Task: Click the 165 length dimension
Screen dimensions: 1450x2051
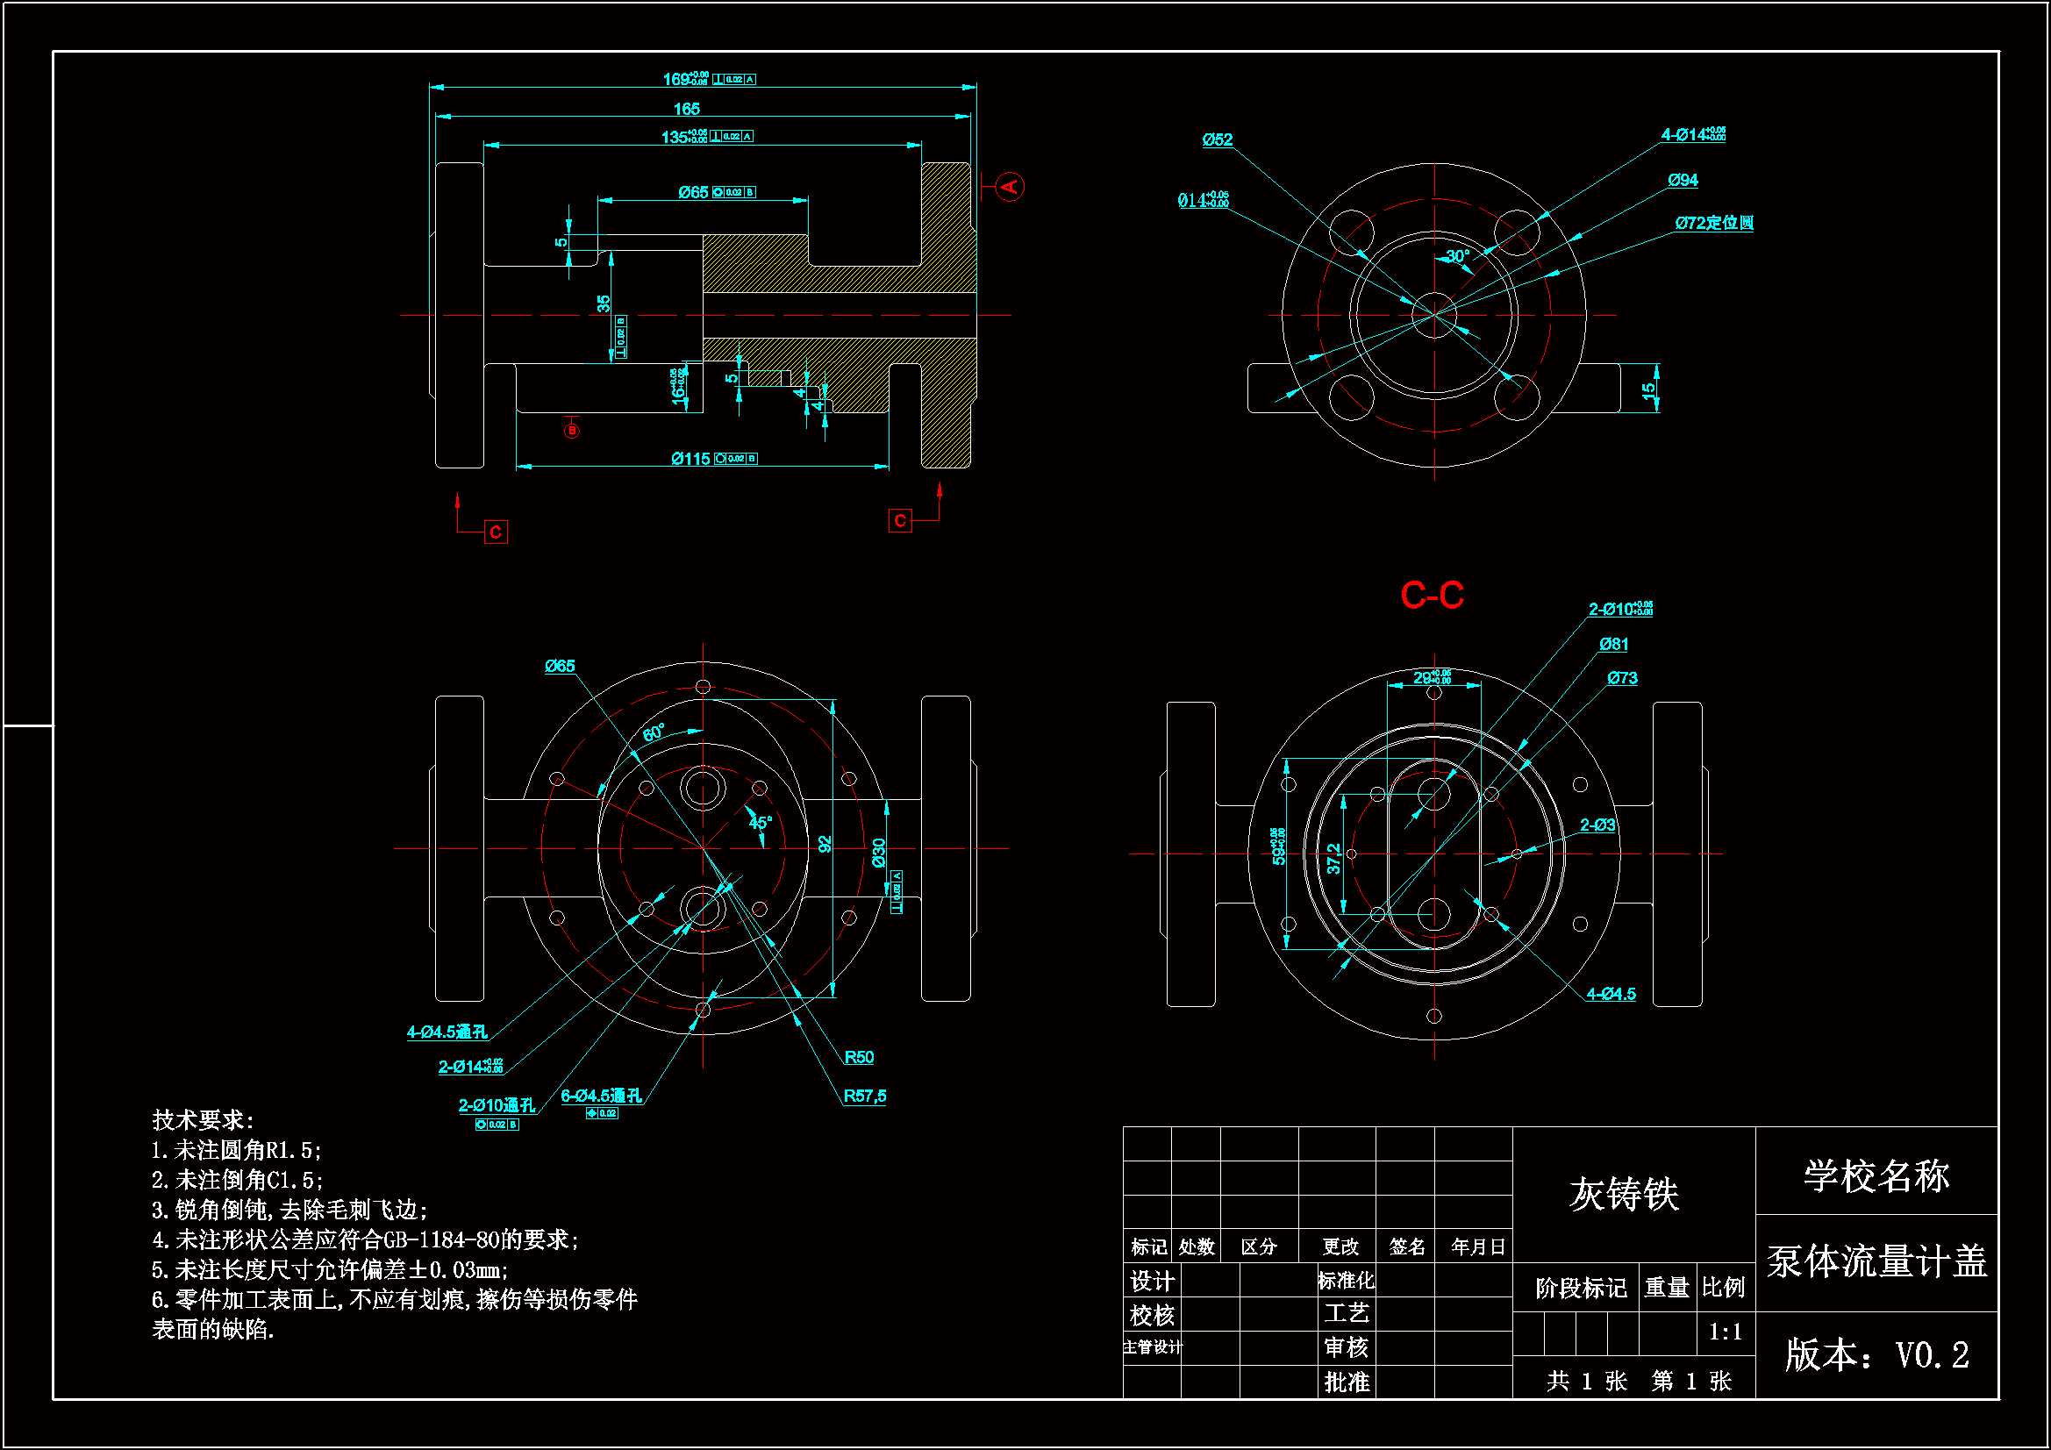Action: pyautogui.click(x=686, y=109)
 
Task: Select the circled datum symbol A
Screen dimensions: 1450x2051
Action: pyautogui.click(x=1010, y=187)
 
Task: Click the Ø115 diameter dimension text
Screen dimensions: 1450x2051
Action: pyautogui.click(x=690, y=458)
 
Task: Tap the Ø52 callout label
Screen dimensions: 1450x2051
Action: pyautogui.click(x=1217, y=139)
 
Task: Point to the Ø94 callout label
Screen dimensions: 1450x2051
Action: pyautogui.click(x=1683, y=181)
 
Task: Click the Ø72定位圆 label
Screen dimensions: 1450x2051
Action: pyautogui.click(x=1713, y=223)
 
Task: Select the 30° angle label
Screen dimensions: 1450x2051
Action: pyautogui.click(x=1458, y=256)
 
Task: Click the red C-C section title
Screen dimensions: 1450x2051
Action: pyautogui.click(x=1432, y=595)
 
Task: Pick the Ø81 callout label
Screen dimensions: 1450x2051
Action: pyautogui.click(x=1613, y=644)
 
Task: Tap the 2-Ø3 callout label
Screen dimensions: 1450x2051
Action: pyautogui.click(x=1597, y=825)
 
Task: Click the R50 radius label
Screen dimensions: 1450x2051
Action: pyautogui.click(x=859, y=1057)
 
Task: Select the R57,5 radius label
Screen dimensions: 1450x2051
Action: pyautogui.click(x=865, y=1096)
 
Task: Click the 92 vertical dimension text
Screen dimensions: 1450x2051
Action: pyautogui.click(x=825, y=843)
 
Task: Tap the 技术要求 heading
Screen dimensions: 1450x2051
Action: pyautogui.click(x=203, y=1119)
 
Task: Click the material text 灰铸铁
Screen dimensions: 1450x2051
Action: pyautogui.click(x=1624, y=1194)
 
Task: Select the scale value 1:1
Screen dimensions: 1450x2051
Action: pyautogui.click(x=1725, y=1332)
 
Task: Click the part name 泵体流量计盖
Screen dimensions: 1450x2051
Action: pyautogui.click(x=1876, y=1261)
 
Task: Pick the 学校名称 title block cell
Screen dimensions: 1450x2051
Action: pyautogui.click(x=1876, y=1175)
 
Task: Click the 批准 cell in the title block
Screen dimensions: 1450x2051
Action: pyautogui.click(x=1347, y=1382)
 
